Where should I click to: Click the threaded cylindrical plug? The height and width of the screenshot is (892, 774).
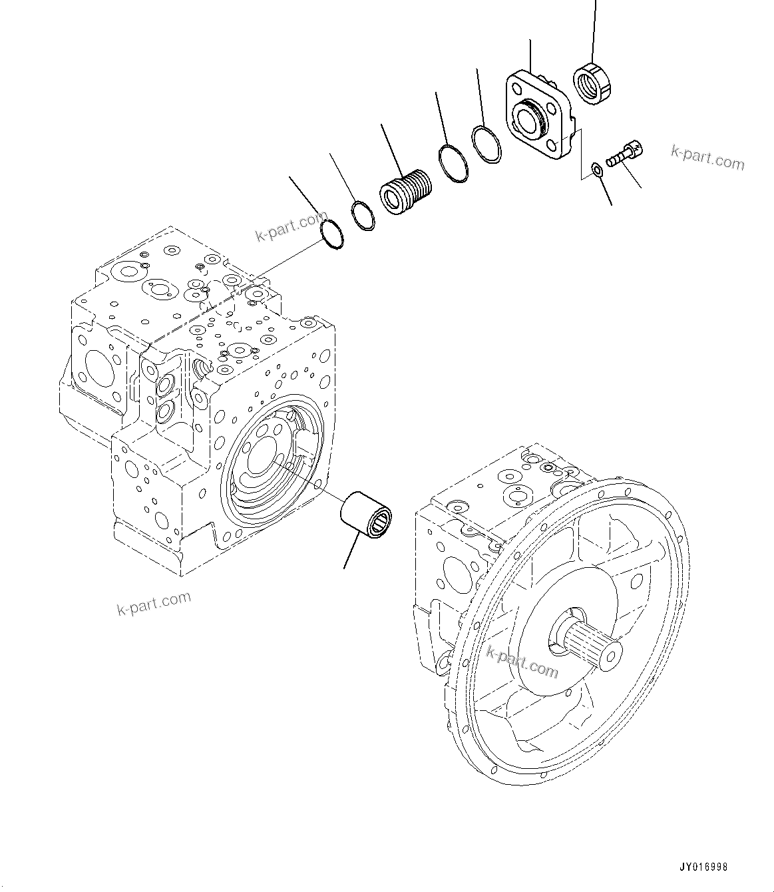tap(405, 190)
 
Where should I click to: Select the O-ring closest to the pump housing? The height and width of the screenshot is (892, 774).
tap(331, 233)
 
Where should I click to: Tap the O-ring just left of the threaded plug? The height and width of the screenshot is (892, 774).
tap(363, 215)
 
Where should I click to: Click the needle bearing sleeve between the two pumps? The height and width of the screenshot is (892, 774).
tap(365, 512)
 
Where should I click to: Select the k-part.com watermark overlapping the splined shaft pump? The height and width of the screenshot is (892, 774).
tap(522, 661)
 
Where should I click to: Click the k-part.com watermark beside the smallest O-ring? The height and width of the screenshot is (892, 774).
tap(290, 226)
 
